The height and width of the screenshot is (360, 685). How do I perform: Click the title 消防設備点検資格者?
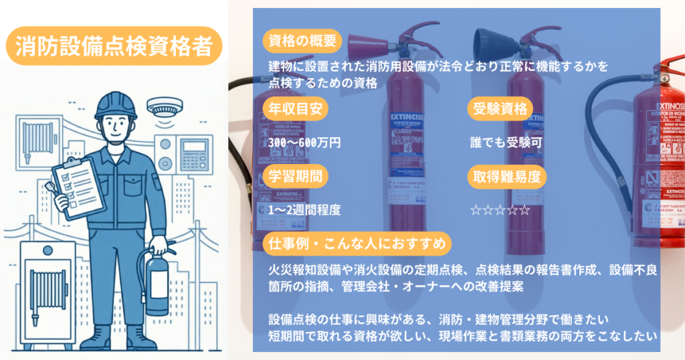coord(113,46)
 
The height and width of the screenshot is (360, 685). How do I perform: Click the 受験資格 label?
coord(500,109)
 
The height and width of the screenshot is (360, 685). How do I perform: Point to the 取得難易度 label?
coord(506,177)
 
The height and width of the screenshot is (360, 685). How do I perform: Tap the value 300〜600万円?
coord(305,143)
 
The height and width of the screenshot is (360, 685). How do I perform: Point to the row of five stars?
coord(500,210)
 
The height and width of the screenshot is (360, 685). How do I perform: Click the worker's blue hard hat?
coord(116,106)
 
